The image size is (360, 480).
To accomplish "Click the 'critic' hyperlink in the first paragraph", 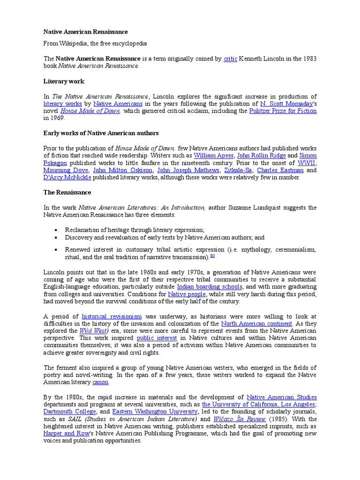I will pyautogui.click(x=230, y=59).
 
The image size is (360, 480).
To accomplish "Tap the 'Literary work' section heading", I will pyautogui.click(x=64, y=81).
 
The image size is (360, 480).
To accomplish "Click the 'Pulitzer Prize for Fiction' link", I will pyautogui.click(x=283, y=111).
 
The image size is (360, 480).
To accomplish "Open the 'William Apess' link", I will pyautogui.click(x=213, y=155).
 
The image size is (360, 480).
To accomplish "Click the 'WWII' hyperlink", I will pyautogui.click(x=307, y=163).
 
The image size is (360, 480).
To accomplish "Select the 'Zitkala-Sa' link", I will pyautogui.click(x=237, y=170).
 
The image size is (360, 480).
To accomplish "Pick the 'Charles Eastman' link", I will pyautogui.click(x=280, y=170).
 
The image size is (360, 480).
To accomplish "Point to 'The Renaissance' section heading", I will pyautogui.click(x=67, y=192).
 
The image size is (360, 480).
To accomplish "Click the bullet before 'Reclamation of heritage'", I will pyautogui.click(x=56, y=230).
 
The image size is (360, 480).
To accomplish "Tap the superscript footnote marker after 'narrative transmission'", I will pyautogui.click(x=212, y=256).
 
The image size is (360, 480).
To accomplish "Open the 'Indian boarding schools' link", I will pyautogui.click(x=210, y=286).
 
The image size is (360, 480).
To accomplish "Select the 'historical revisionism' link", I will pyautogui.click(x=112, y=316).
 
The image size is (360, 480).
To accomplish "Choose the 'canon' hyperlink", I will pyautogui.click(x=100, y=382).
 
